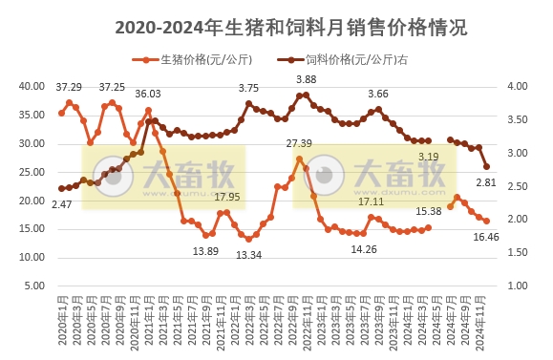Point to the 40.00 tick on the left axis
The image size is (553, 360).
click(x=33, y=86)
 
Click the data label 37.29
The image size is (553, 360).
click(x=68, y=88)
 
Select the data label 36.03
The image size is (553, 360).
click(x=147, y=94)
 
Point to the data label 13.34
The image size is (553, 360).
click(x=248, y=255)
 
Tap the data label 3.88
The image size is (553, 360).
click(x=306, y=79)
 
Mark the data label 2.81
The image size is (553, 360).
click(x=486, y=182)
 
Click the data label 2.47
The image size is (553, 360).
click(x=62, y=204)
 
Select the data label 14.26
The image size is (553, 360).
click(x=363, y=249)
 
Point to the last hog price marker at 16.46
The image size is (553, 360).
click(x=486, y=221)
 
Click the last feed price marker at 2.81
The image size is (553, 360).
click(x=486, y=166)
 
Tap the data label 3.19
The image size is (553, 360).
click(x=428, y=157)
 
